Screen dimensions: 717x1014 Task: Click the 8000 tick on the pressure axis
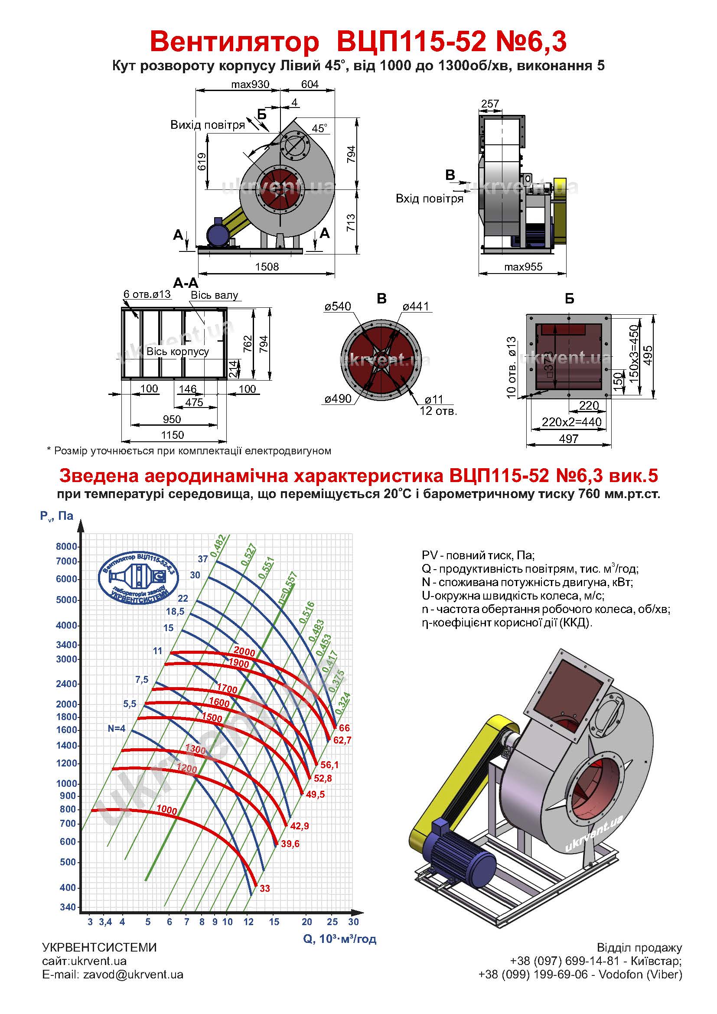[67, 546]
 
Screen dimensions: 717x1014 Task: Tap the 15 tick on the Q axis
[274, 922]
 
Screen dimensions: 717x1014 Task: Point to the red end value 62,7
[342, 740]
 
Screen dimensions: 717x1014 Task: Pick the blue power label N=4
[117, 728]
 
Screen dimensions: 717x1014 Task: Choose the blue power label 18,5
[175, 612]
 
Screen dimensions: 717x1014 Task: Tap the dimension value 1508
[267, 266]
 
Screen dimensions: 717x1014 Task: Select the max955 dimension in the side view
[523, 267]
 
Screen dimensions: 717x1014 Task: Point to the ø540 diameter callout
[338, 306]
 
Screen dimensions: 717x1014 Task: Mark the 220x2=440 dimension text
[572, 422]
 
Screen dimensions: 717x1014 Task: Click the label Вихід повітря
[208, 125]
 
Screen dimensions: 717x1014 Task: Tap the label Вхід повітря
[430, 199]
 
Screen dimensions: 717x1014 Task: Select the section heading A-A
[186, 283]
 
